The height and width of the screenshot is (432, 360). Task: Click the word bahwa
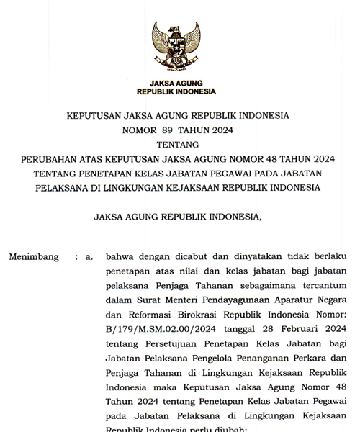click(120, 256)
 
